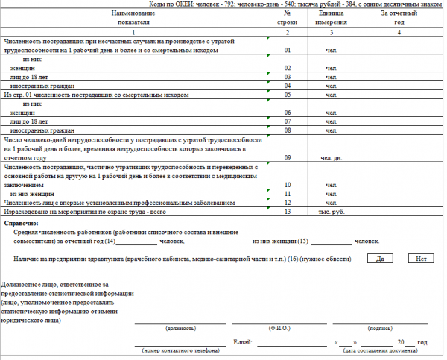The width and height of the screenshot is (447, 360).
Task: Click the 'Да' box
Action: tap(380, 259)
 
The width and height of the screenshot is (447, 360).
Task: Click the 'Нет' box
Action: tap(421, 259)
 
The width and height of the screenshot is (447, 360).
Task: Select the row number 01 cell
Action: tap(287, 50)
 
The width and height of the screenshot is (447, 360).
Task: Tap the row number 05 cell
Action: tap(287, 95)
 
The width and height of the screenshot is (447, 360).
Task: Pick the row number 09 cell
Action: tap(287, 157)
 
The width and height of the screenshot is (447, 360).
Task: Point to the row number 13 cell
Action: tap(287, 212)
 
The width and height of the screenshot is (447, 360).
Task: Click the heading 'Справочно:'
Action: tap(22, 223)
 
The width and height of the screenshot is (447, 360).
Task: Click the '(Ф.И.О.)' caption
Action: tap(279, 328)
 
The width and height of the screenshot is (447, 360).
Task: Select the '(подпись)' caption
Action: tap(381, 328)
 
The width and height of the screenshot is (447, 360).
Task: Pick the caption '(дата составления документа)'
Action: tap(381, 350)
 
